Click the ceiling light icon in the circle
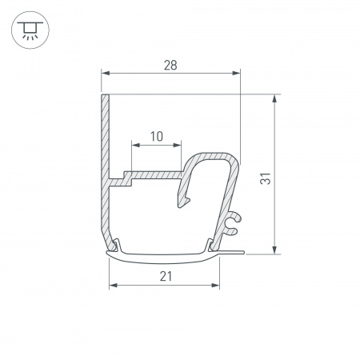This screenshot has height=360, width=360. pyautogui.click(x=29, y=29)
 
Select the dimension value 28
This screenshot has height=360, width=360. pyautogui.click(x=170, y=64)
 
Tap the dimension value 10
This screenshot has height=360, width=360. pyautogui.click(x=156, y=136)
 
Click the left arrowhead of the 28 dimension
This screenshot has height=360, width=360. pyautogui.click(x=105, y=74)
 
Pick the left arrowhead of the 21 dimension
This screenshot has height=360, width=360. pyautogui.click(x=113, y=285)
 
